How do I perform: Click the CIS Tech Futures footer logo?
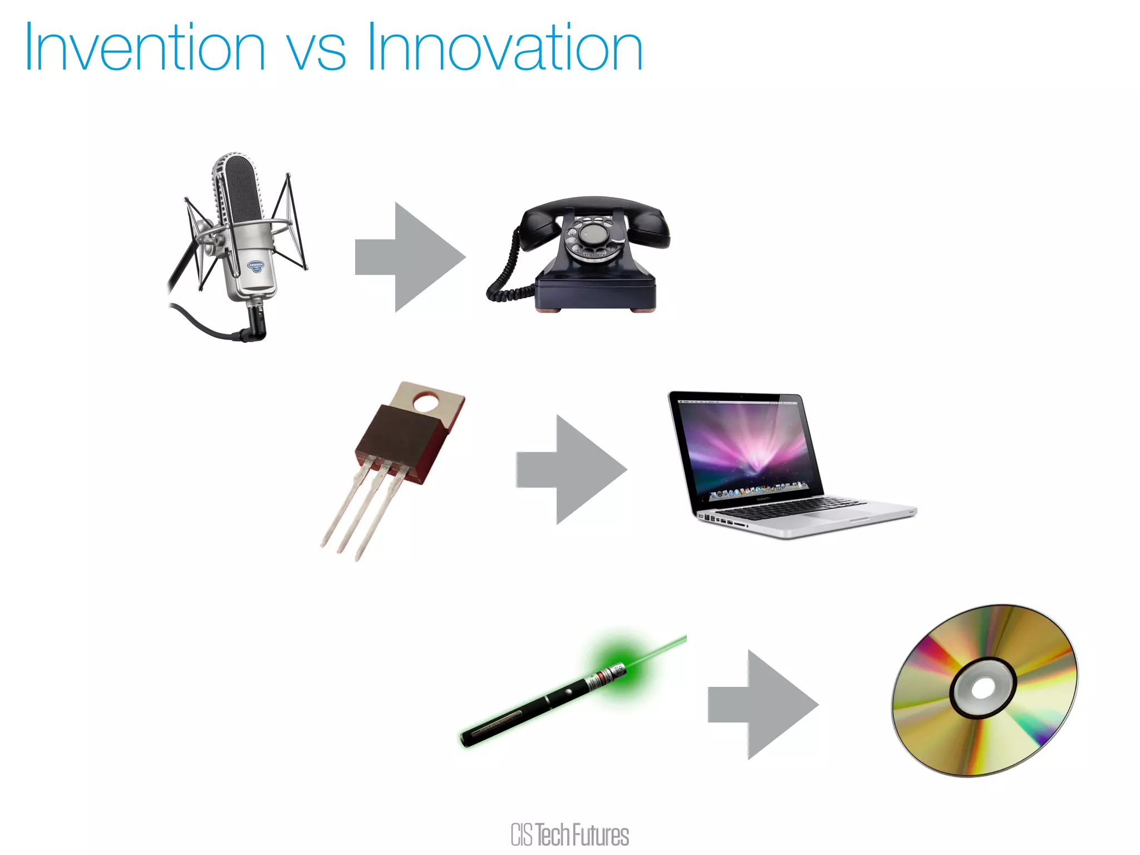pos(569,835)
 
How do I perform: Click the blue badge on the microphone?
pos(255,267)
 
